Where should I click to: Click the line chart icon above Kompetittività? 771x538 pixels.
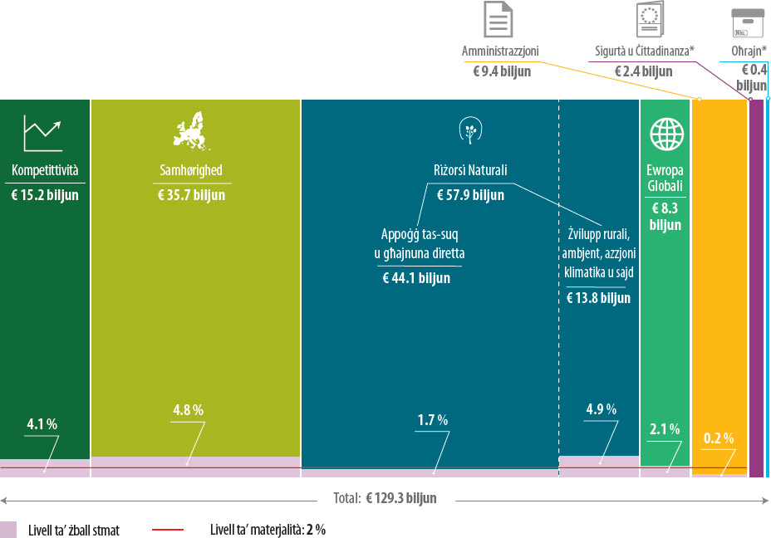44,133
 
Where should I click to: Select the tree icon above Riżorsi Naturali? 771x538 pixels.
471,130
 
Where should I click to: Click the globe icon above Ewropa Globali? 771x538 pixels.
666,133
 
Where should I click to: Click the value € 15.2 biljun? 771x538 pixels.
45,195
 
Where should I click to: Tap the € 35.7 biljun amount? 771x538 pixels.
191,195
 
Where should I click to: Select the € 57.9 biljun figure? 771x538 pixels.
470,195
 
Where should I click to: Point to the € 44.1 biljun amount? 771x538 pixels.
416,278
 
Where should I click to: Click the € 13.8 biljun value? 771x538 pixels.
598,297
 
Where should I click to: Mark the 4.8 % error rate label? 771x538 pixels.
188,410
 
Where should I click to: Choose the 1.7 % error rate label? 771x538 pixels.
432,420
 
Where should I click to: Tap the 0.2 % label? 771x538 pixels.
719,438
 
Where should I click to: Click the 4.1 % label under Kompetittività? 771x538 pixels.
42,424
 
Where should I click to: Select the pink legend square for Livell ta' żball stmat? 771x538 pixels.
9,529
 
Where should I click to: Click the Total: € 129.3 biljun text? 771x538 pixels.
385,499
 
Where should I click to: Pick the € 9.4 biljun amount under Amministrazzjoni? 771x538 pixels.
502,71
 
